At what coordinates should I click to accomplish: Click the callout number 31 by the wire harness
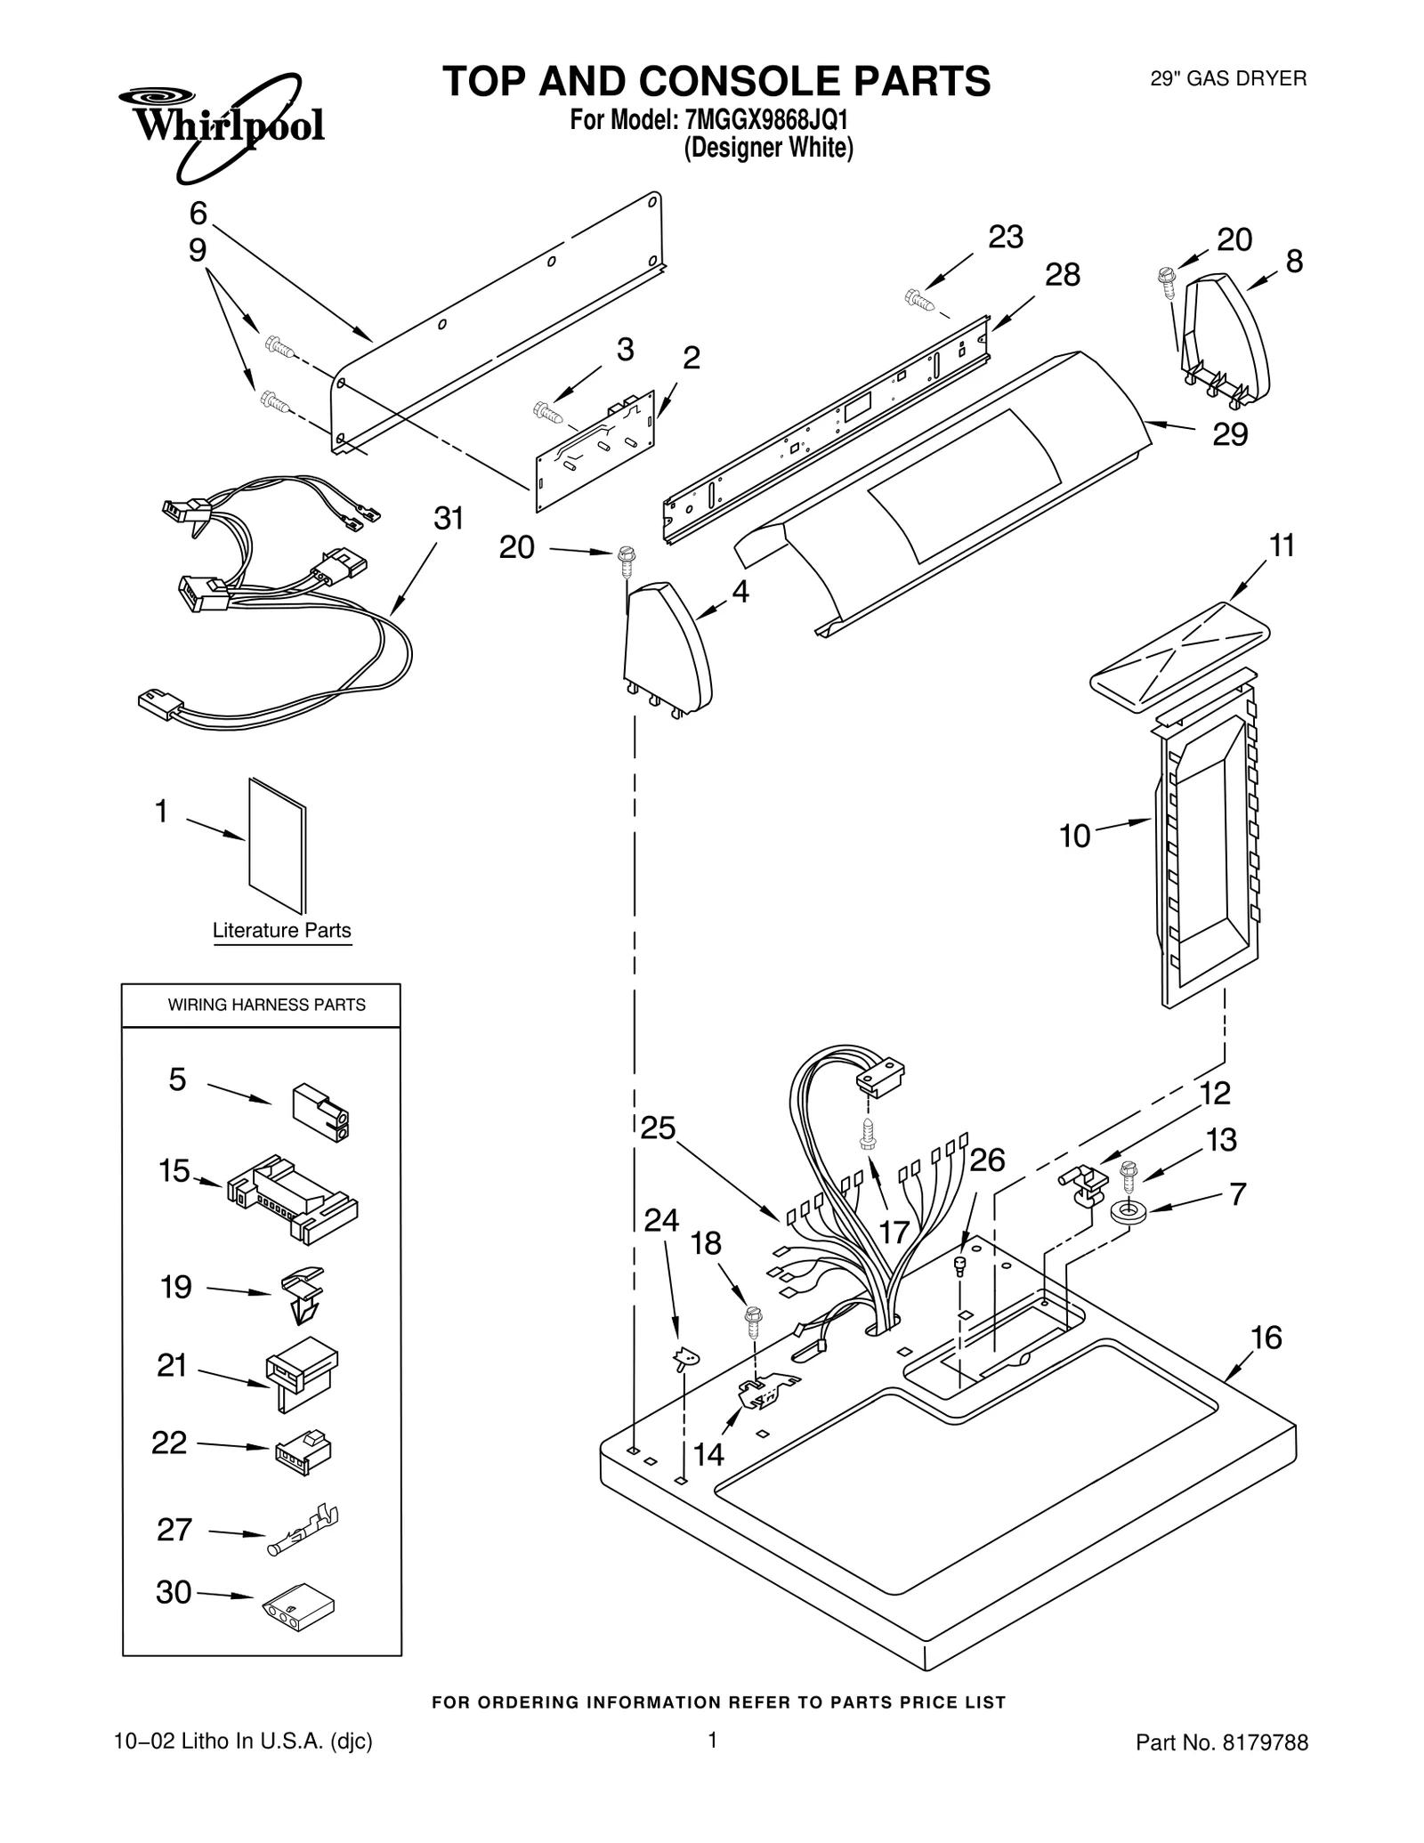pos(449,518)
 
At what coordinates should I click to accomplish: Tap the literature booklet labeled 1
pos(278,846)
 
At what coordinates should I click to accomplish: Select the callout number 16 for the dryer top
pos(1266,1338)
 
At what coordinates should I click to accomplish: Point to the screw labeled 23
pos(919,300)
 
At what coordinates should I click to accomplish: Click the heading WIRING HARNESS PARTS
pos(267,1005)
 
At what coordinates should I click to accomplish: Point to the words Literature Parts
pos(281,930)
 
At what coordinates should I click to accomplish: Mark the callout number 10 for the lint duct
pos(1074,836)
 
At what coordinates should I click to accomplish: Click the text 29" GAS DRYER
pos(1228,78)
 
